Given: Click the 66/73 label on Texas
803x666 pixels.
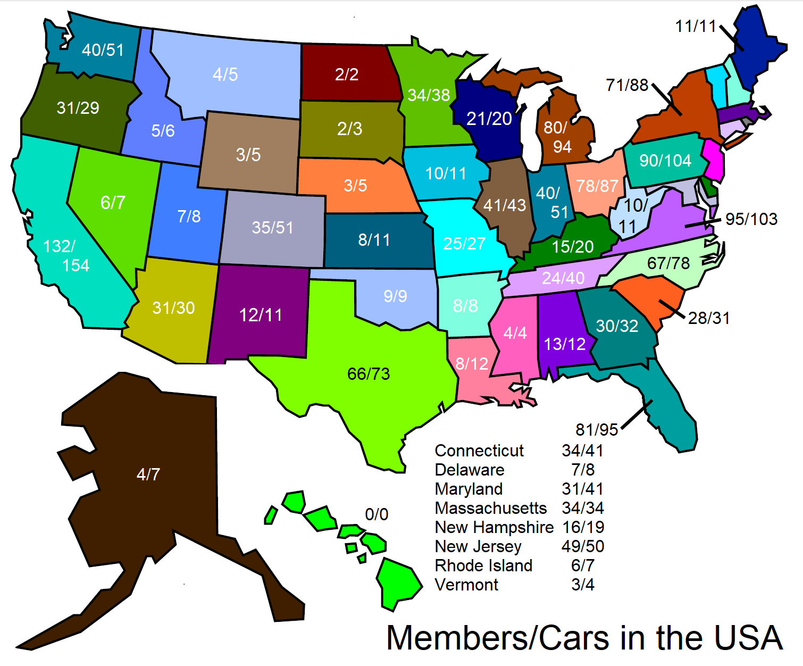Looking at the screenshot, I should (x=369, y=374).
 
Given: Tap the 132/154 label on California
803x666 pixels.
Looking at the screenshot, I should (x=66, y=256).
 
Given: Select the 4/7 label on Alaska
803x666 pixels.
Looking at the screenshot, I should (x=148, y=474).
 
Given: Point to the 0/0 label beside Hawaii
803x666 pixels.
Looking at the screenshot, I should (x=377, y=514).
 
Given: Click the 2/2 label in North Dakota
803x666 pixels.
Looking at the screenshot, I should (x=347, y=74).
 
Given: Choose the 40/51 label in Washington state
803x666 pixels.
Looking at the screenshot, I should (x=103, y=50).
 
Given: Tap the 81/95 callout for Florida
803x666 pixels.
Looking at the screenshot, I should (x=597, y=429).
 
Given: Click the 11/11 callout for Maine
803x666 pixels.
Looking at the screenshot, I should (x=696, y=26).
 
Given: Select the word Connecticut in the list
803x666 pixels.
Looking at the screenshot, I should (x=479, y=451).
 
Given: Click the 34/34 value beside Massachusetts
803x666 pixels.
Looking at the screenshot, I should (x=583, y=508).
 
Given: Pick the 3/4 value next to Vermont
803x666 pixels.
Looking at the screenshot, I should (x=583, y=585).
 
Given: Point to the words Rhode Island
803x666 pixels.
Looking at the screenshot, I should (x=483, y=565).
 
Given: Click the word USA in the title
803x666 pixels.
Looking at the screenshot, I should (x=748, y=638).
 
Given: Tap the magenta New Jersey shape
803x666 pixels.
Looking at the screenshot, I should (x=713, y=160).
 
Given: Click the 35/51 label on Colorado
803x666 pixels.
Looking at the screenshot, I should (x=272, y=228).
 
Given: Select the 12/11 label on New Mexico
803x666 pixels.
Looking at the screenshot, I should (x=261, y=315).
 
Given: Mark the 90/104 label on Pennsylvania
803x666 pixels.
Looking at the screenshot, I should (x=665, y=161).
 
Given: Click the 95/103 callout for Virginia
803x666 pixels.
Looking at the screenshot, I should (x=751, y=219).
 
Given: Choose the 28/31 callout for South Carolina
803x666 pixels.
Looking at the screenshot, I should (x=709, y=318).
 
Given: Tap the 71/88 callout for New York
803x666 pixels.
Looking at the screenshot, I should (x=627, y=85).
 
